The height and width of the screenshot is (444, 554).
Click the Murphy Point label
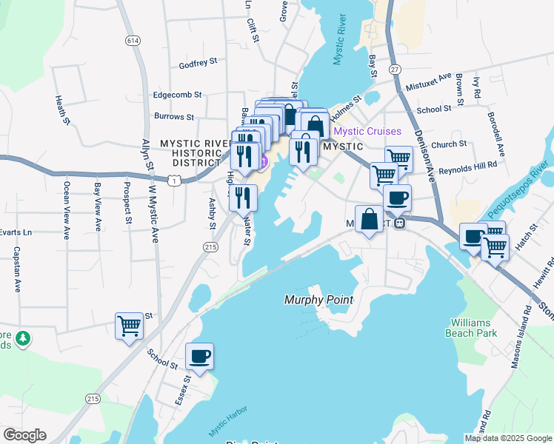coord(318,300)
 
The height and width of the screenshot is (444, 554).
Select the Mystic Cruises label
coord(367,132)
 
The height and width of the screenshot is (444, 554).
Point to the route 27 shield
coord(396,69)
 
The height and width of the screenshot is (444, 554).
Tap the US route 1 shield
coord(173,180)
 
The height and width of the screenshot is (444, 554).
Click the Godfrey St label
coord(198,65)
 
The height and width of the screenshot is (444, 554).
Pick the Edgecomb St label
coord(177,95)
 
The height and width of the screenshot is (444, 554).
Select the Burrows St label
coord(174,117)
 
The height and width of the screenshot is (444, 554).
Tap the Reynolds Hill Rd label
coord(467,170)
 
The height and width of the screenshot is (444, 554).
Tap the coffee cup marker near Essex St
coord(199,357)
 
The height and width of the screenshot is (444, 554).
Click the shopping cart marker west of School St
coord(130,326)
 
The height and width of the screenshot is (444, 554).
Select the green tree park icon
coord(23,337)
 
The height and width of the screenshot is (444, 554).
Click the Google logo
coord(24,435)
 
